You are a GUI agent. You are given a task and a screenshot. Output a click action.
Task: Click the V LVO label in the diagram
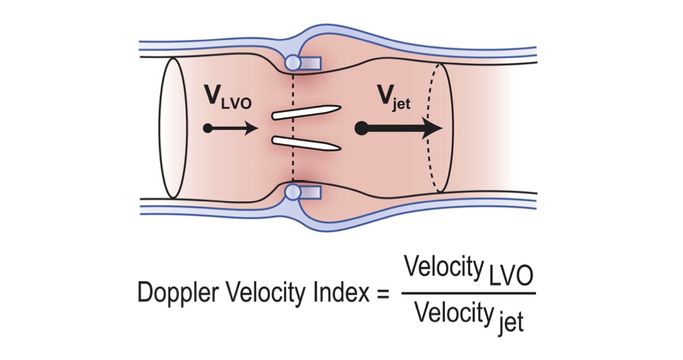click(x=227, y=99)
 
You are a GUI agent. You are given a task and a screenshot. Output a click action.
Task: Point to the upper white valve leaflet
click(x=307, y=112)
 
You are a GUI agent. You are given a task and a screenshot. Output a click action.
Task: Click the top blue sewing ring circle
click(x=293, y=63)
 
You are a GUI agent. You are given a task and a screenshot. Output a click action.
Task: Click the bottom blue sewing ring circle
click(x=293, y=193)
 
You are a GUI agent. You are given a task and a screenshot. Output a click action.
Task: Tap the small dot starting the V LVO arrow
click(x=208, y=128)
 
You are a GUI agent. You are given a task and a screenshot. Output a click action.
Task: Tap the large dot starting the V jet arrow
click(x=361, y=128)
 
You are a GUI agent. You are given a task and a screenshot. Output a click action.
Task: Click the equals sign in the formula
click(x=382, y=294)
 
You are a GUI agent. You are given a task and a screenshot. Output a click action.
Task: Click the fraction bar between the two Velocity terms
click(x=468, y=292)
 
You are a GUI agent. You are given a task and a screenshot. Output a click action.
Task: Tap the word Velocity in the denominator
click(x=453, y=313)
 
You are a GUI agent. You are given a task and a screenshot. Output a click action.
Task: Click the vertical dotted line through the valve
click(x=293, y=127)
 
